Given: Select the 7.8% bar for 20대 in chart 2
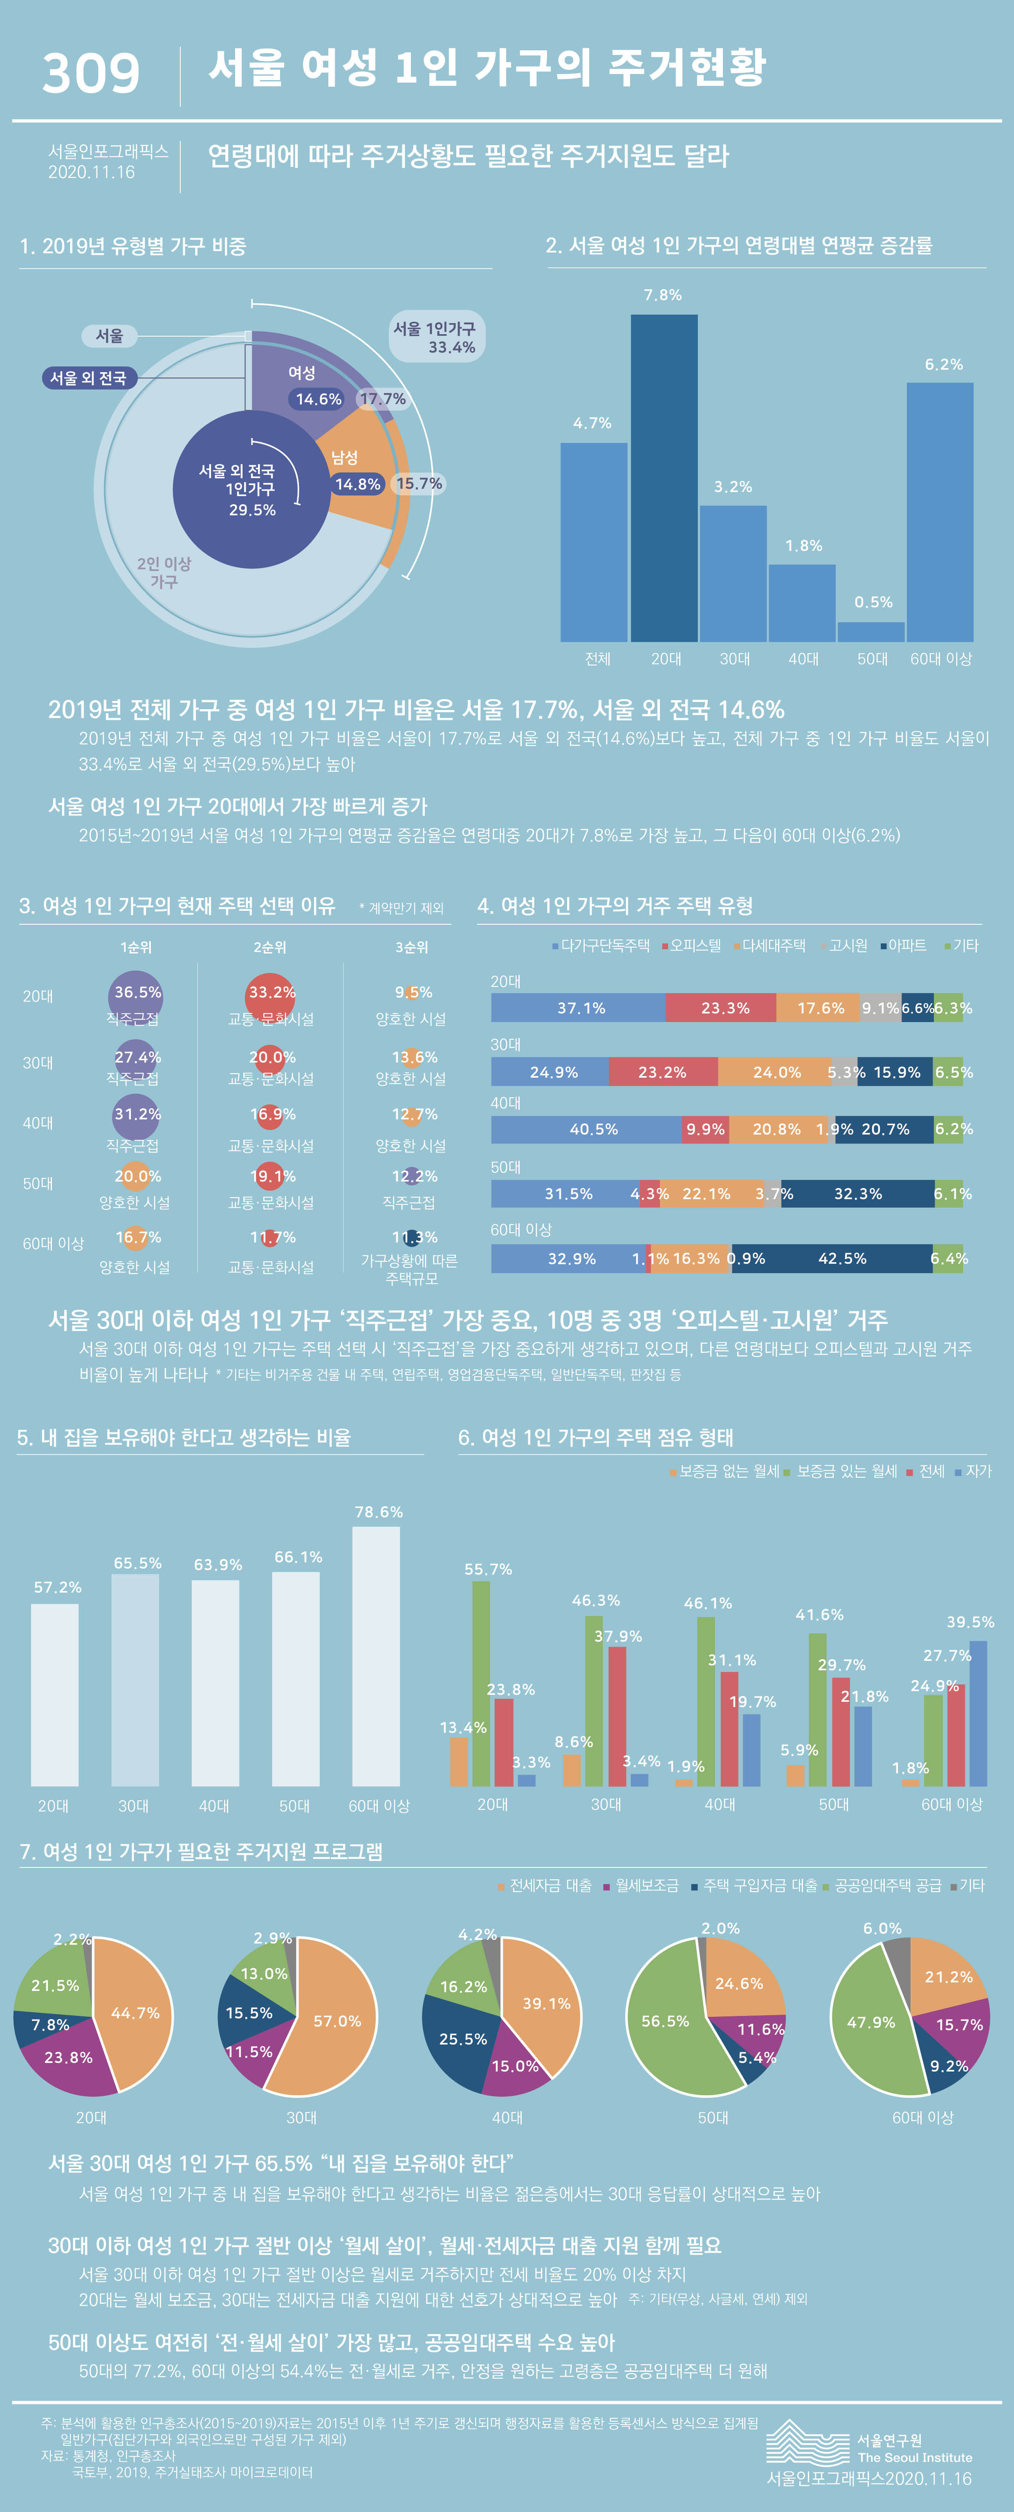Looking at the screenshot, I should click(x=664, y=478).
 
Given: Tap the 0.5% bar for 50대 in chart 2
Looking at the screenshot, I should click(x=870, y=632).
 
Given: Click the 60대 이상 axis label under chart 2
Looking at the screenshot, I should click(x=941, y=659).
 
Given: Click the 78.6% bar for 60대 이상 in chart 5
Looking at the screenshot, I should click(x=376, y=1658).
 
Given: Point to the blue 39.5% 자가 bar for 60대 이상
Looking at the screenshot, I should click(x=978, y=1714).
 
